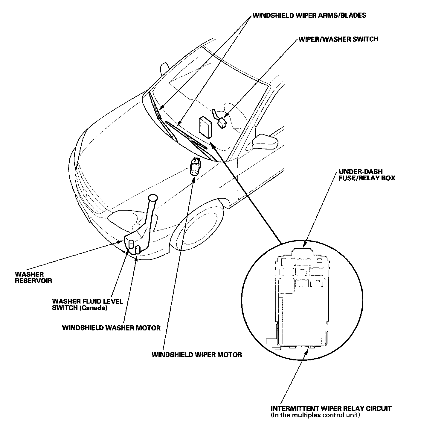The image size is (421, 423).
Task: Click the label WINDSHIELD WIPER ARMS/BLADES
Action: [309, 15]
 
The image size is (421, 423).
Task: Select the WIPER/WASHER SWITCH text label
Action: [338, 39]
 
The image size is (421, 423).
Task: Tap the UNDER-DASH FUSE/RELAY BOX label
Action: [367, 175]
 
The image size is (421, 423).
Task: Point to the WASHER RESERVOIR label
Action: [33, 277]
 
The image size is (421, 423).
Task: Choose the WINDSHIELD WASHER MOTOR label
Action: [111, 328]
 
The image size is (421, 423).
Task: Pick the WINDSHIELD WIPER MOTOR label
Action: [197, 355]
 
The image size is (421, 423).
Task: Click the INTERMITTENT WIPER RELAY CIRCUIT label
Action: [331, 409]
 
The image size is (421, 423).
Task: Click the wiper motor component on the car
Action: [195, 166]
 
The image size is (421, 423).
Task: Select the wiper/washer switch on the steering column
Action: [222, 123]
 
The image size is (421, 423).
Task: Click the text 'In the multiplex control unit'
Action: [315, 415]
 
